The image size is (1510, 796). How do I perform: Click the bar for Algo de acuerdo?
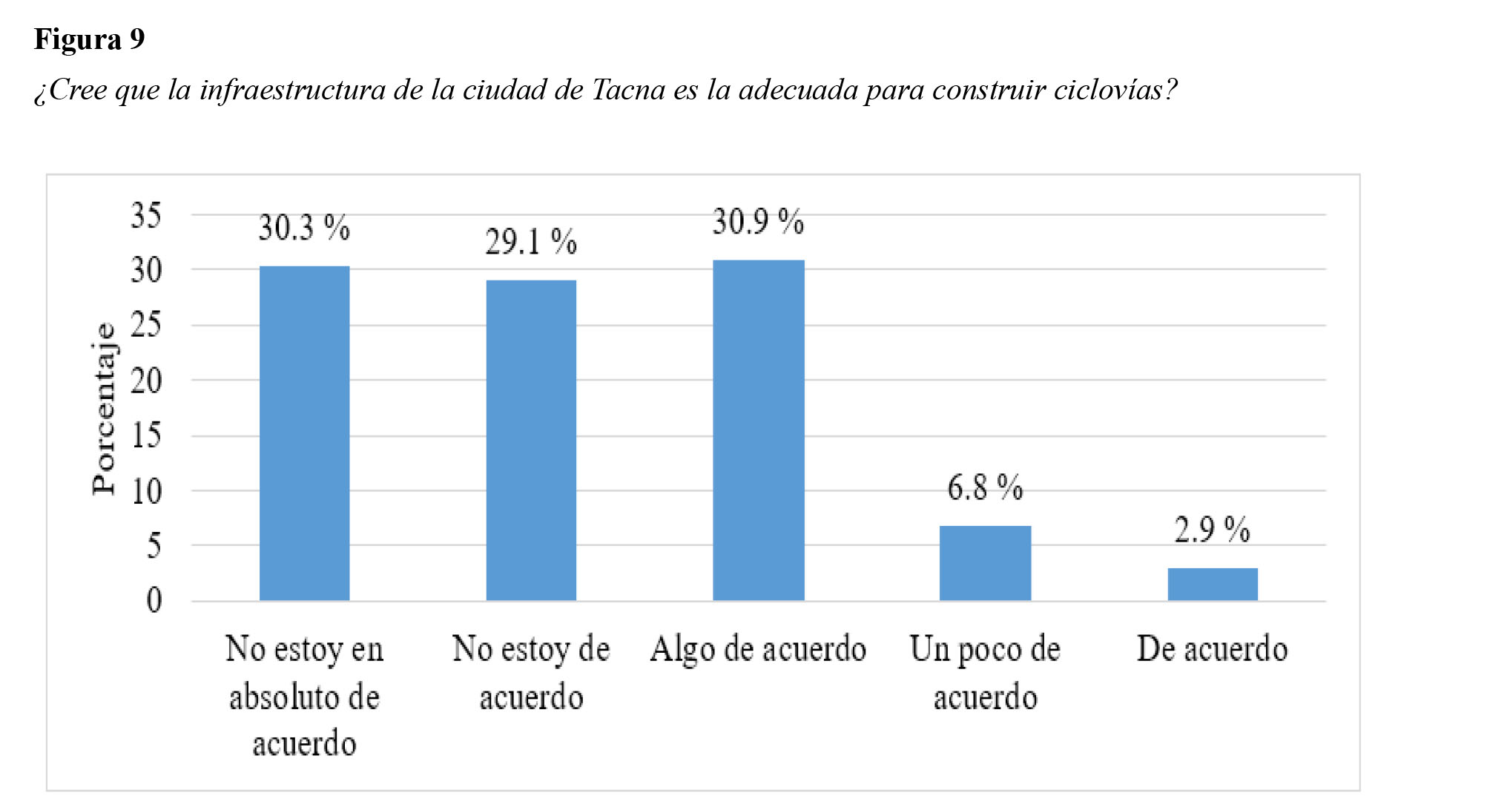point(758,430)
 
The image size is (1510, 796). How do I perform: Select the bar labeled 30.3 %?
point(304,433)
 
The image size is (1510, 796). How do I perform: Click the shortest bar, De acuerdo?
point(1212,584)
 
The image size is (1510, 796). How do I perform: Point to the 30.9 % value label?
point(758,222)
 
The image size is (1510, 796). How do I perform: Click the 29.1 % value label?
point(531,242)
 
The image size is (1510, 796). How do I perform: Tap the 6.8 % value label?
point(985,487)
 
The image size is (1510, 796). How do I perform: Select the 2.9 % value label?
point(1212,530)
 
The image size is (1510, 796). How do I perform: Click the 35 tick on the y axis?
point(146,216)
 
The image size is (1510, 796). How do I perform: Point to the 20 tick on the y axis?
point(146,381)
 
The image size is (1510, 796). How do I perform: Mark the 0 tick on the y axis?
point(154,600)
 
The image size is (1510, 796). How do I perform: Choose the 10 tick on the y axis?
point(146,491)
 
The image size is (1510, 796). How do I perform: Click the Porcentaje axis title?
point(105,408)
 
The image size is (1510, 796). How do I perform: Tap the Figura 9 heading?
point(90,39)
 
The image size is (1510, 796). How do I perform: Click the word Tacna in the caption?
point(628,90)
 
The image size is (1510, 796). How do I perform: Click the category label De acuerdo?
point(1212,649)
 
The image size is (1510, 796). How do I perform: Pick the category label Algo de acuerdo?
point(758,649)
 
